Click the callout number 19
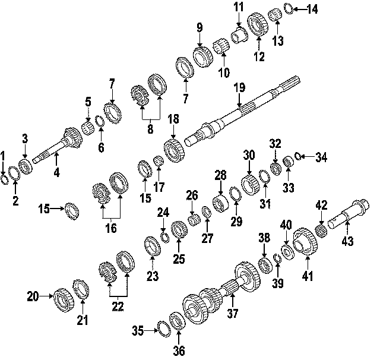pyautogui.click(x=239, y=88)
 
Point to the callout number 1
pyautogui.click(x=4, y=156)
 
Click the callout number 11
pyautogui.click(x=239, y=8)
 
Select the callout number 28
pyautogui.click(x=221, y=176)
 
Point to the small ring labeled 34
pyautogui.click(x=298, y=157)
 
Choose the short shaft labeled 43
pyautogui.click(x=352, y=212)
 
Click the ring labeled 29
pyautogui.click(x=235, y=194)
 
